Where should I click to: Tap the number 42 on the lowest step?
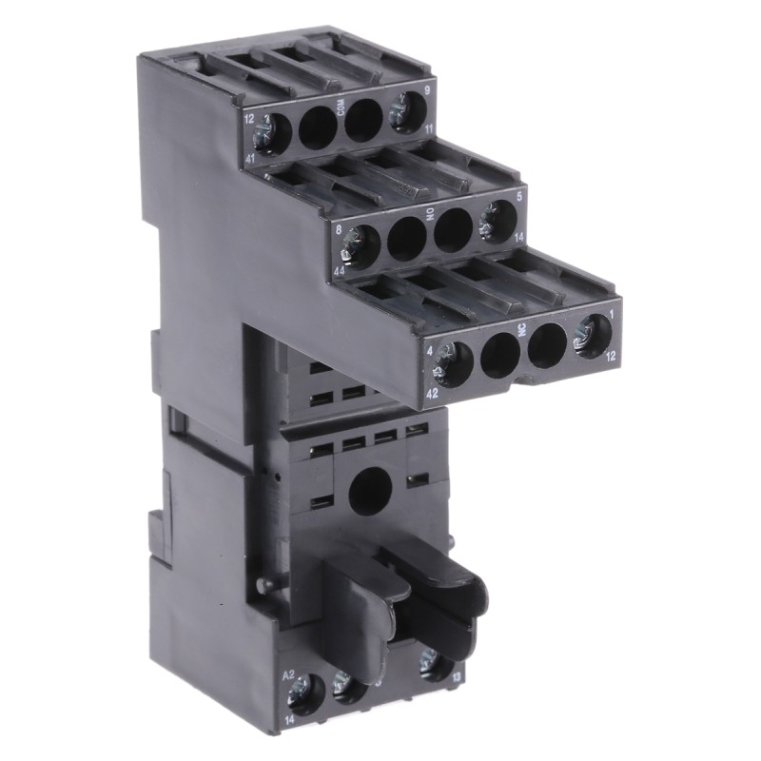coord(432,390)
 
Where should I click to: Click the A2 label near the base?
coord(289,674)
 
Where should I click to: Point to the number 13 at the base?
coord(458,675)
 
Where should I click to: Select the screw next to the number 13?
coord(436,664)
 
